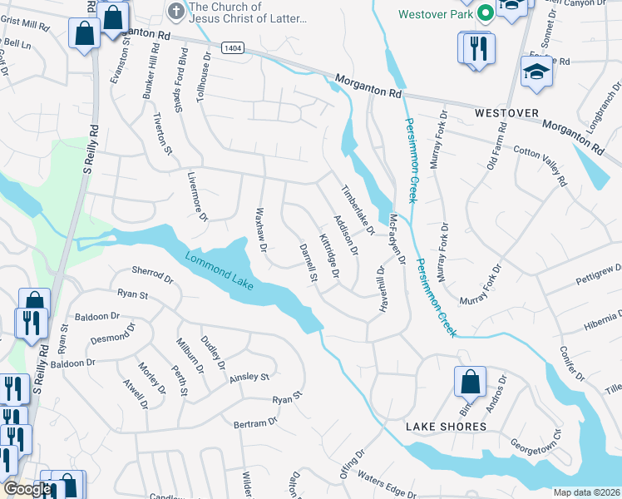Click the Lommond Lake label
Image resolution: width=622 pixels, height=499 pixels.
tap(220, 271)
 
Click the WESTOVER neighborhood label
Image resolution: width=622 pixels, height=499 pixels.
tap(506, 112)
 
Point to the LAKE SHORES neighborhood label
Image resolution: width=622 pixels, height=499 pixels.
tap(446, 427)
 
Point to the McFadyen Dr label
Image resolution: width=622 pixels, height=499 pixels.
tap(397, 238)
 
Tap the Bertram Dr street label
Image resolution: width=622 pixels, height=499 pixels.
tap(254, 423)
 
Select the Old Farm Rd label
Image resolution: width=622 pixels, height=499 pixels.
tap(496, 146)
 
